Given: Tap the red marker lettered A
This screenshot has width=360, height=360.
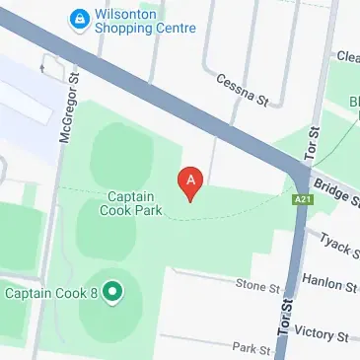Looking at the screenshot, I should [x=189, y=181].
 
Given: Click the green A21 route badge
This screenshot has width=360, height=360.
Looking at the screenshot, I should [x=303, y=200].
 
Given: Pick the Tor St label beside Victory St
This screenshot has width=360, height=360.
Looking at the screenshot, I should [x=285, y=317].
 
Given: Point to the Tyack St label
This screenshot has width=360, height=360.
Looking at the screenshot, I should [x=339, y=247].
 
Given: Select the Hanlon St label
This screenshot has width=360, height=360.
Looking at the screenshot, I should [x=329, y=286].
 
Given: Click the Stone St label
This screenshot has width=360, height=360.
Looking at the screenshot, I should [x=258, y=286].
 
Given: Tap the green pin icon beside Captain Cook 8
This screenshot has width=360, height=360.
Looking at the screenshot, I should [x=111, y=292].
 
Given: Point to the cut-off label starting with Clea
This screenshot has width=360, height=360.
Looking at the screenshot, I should [x=346, y=57].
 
